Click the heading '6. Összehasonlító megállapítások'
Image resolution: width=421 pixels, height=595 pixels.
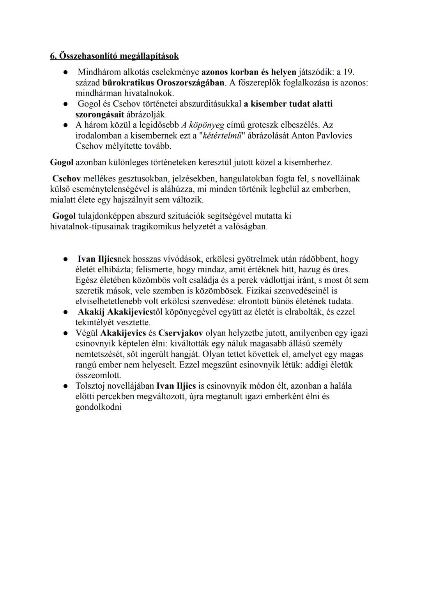point(114,56)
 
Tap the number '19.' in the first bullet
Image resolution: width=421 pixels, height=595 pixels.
point(348,72)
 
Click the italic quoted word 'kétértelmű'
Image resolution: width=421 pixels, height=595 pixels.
point(223,136)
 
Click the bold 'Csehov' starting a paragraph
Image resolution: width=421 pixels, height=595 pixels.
point(67,179)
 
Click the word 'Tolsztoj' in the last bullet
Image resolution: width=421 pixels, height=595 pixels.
point(92,386)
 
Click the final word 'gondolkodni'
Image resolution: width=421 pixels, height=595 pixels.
point(98,407)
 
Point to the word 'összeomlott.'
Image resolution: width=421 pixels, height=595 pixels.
point(98,375)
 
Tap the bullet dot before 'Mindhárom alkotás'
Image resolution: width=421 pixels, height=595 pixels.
point(67,73)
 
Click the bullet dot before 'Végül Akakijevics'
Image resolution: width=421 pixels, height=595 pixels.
point(67,333)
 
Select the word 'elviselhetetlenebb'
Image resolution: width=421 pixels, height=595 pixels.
point(111,301)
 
